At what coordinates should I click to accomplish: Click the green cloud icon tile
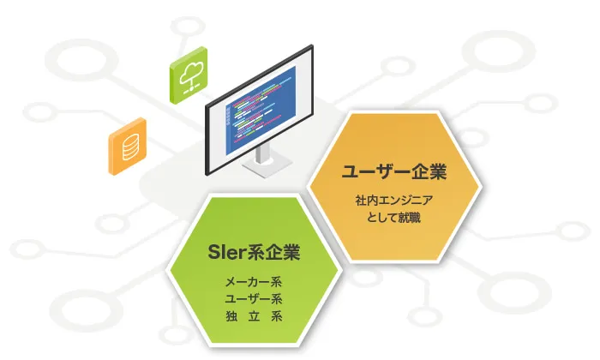189,75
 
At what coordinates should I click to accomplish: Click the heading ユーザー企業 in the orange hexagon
394,171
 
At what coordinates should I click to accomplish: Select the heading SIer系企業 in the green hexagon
255,254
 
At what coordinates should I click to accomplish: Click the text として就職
394,218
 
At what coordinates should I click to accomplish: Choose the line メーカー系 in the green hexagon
254,281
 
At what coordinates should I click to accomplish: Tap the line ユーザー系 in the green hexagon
254,298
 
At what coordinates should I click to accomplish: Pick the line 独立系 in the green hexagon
254,315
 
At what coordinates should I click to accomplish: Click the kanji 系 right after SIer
257,254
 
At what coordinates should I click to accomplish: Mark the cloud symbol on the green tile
189,70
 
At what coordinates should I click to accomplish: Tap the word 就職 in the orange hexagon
411,218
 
